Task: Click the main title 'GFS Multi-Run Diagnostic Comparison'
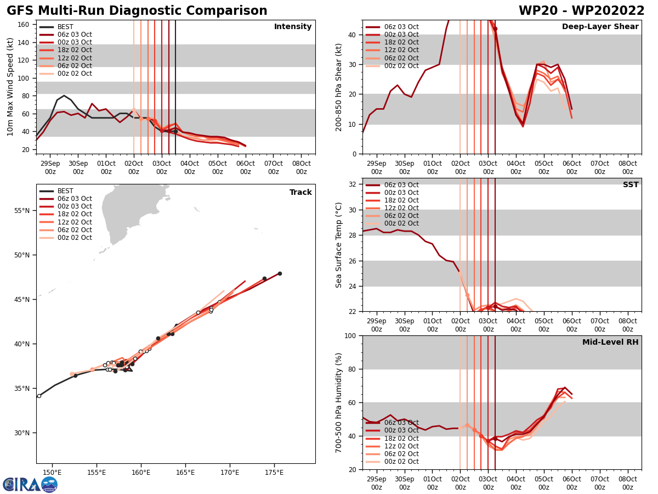(x=137, y=11)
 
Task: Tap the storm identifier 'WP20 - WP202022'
(x=581, y=11)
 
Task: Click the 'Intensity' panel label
(x=293, y=27)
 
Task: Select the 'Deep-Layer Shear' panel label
(x=600, y=27)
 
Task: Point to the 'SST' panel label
(x=631, y=185)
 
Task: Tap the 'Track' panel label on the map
(x=300, y=193)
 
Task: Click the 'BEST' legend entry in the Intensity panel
(x=65, y=27)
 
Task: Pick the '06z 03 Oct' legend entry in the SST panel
(x=400, y=185)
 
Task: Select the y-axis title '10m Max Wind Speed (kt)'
(x=10, y=87)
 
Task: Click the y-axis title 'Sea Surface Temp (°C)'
(x=339, y=245)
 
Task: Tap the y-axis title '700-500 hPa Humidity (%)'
(x=339, y=402)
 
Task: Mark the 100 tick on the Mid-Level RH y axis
(x=351, y=335)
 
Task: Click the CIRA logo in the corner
(x=30, y=484)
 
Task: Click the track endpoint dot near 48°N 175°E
(x=280, y=273)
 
